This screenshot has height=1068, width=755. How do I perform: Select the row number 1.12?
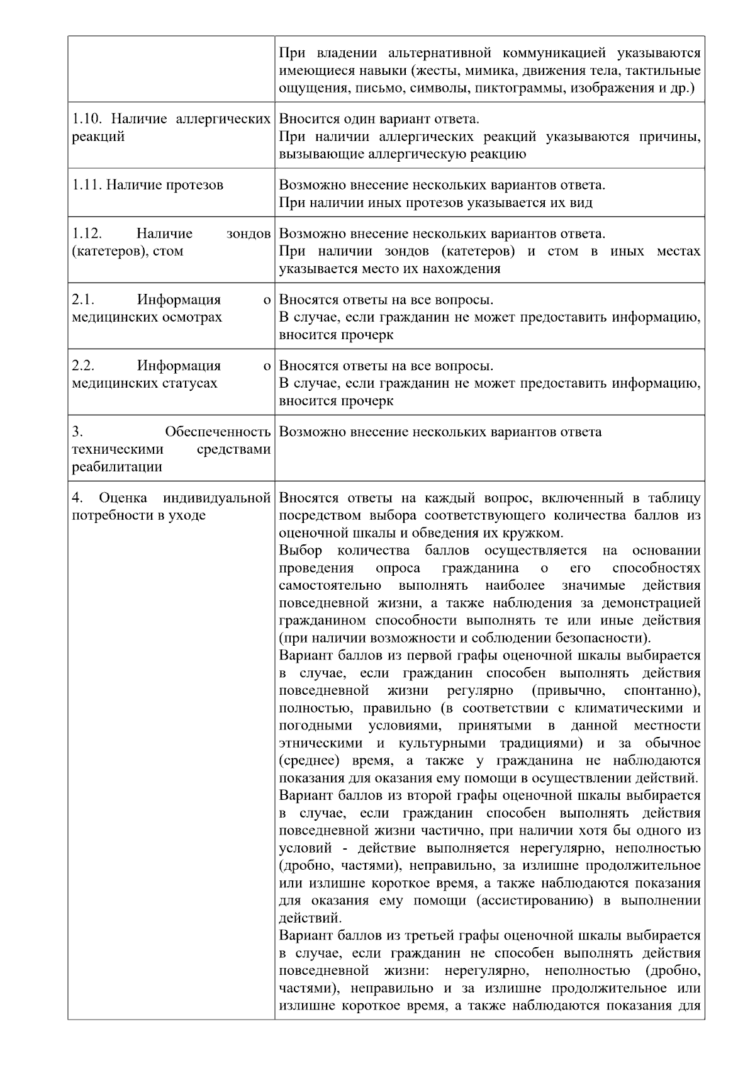pos(87,233)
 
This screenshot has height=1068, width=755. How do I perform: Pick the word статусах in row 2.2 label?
pos(189,383)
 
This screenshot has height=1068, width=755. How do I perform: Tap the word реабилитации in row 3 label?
pos(117,467)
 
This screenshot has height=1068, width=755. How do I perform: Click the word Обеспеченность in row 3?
pos(218,432)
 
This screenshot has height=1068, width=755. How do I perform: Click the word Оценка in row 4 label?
pos(124,498)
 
